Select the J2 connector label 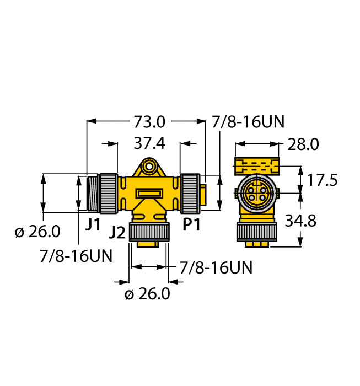(117, 232)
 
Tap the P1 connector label (192, 224)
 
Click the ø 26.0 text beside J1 (37, 232)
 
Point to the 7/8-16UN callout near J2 (216, 268)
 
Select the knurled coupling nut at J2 (148, 232)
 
